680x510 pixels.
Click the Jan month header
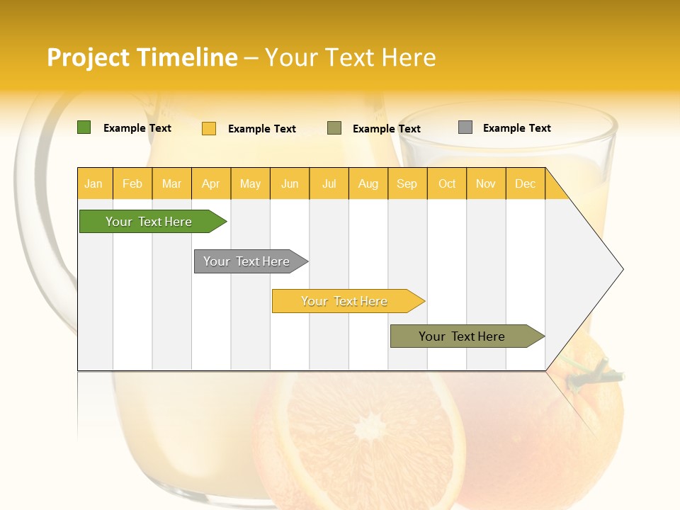(93, 184)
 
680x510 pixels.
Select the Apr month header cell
(211, 184)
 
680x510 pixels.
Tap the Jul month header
(329, 184)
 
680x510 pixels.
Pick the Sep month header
(407, 184)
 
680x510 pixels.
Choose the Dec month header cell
(525, 184)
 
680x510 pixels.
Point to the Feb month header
(132, 184)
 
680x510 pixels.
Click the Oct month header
(447, 184)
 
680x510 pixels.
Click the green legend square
(84, 127)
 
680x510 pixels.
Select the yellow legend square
(209, 128)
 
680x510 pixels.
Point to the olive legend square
(334, 128)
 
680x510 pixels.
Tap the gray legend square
(465, 127)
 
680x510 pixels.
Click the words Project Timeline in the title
(142, 57)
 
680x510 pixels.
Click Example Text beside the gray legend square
(516, 128)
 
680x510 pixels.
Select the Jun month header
(290, 184)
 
